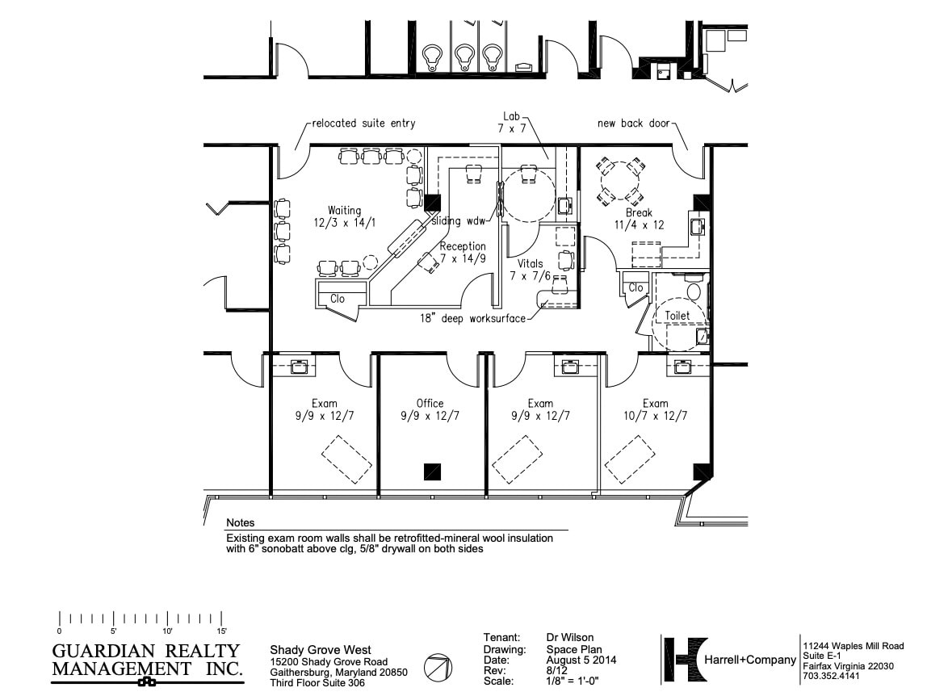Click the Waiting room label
344,211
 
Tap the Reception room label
463,246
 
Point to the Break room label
639,213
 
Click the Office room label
430,404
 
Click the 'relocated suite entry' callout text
363,124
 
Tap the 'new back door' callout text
632,124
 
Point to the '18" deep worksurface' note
472,318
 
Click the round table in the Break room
620,182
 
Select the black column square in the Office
434,470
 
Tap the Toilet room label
677,316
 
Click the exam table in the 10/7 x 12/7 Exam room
630,458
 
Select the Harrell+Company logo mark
685,660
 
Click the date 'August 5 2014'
581,660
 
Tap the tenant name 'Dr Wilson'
569,638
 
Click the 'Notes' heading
240,523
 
